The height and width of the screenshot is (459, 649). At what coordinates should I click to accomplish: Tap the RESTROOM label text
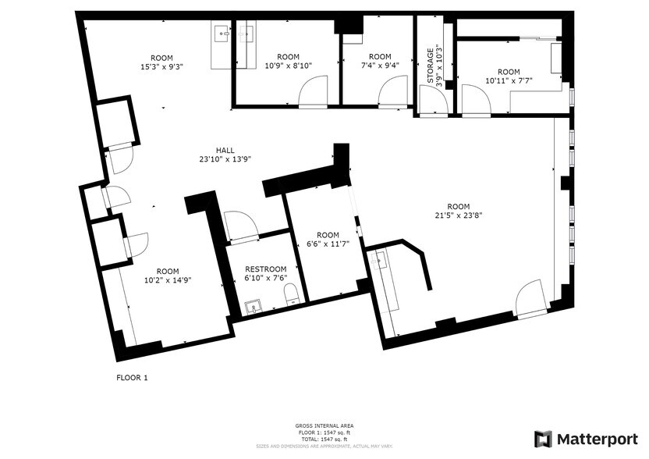(x=266, y=269)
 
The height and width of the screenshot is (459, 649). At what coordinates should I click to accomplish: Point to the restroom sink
(x=254, y=306)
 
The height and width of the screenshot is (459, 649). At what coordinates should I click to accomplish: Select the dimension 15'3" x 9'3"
(x=161, y=66)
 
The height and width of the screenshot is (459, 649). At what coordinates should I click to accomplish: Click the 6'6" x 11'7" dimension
(x=328, y=244)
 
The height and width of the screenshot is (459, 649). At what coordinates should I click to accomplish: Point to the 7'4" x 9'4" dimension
(x=379, y=66)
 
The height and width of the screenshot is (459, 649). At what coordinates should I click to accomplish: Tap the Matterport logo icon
(x=543, y=439)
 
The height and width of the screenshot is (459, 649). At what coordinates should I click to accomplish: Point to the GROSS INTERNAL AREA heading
(x=323, y=426)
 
